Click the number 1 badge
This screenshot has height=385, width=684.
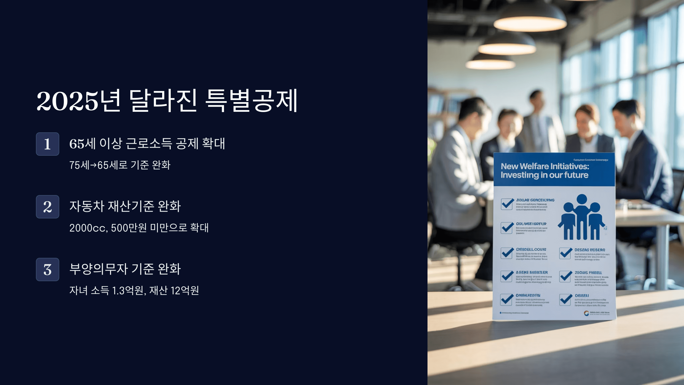point(47,144)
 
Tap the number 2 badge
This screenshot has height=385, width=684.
point(47,207)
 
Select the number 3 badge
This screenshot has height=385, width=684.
point(47,269)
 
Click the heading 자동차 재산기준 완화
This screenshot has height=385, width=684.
point(125,206)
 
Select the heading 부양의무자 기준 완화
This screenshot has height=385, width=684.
point(125,269)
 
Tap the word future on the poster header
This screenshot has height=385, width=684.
point(576,175)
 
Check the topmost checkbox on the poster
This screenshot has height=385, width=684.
point(507,204)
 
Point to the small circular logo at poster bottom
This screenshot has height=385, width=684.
point(586,313)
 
